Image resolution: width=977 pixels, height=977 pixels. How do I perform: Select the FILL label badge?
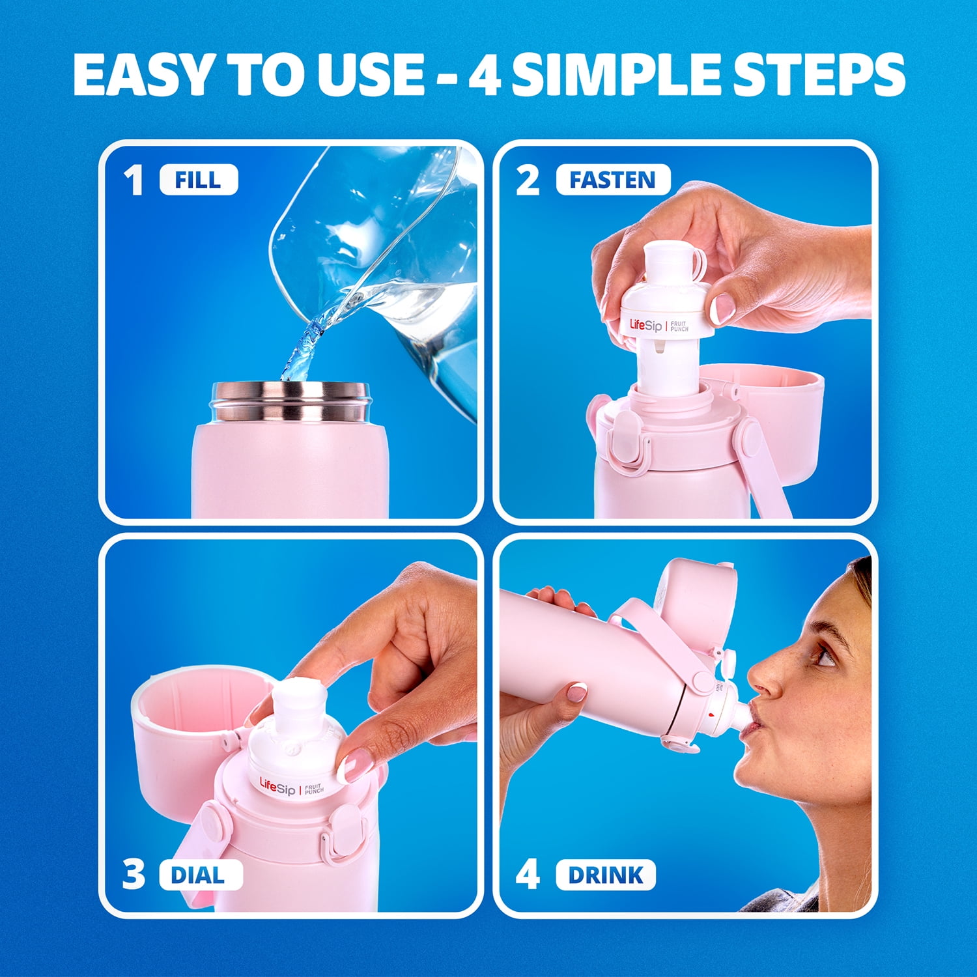199,180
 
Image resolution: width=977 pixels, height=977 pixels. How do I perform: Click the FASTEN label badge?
612,180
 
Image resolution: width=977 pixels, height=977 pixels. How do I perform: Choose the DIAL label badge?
201,875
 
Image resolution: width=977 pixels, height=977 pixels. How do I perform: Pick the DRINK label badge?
606,875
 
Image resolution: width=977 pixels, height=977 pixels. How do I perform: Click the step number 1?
134,180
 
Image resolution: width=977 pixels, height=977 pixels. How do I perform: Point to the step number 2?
528,180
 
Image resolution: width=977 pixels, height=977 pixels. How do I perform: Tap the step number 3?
134,875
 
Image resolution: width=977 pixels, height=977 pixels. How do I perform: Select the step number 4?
528,875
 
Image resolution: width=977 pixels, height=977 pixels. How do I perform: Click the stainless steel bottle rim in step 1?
290,401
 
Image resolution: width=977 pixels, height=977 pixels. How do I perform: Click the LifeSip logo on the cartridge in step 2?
645,324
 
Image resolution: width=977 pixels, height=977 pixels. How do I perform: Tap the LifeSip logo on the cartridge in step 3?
277,786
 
